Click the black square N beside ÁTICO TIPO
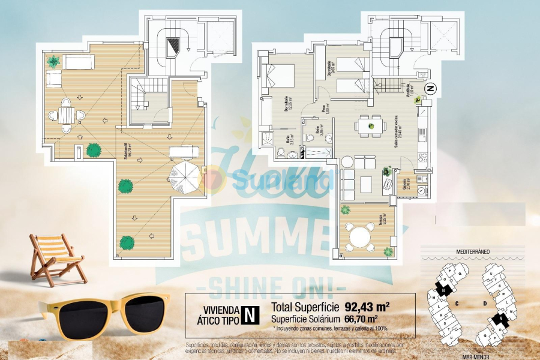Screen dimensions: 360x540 (250, 314)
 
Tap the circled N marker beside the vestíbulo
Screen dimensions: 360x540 (430, 88)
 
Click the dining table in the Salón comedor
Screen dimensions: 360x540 (371, 125)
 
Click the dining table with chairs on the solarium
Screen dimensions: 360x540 (66, 115)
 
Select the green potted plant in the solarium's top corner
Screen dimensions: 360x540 (53, 61)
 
